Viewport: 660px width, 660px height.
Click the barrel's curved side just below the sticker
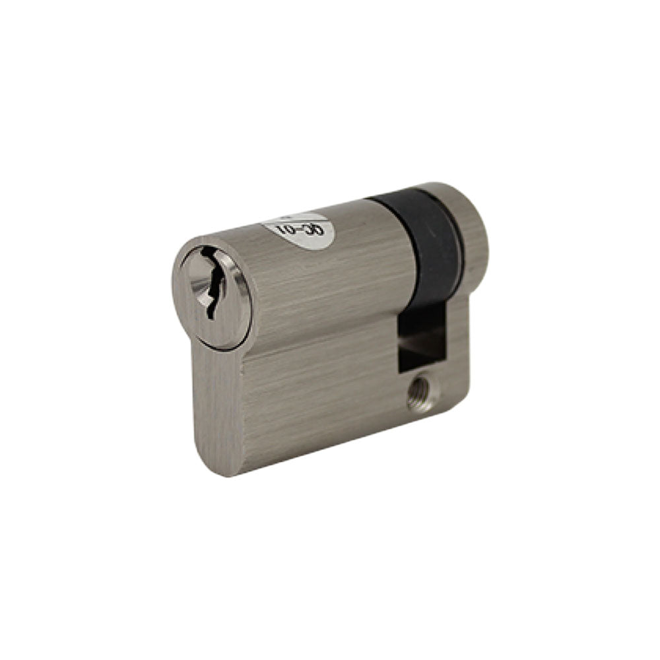pos(317,277)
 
